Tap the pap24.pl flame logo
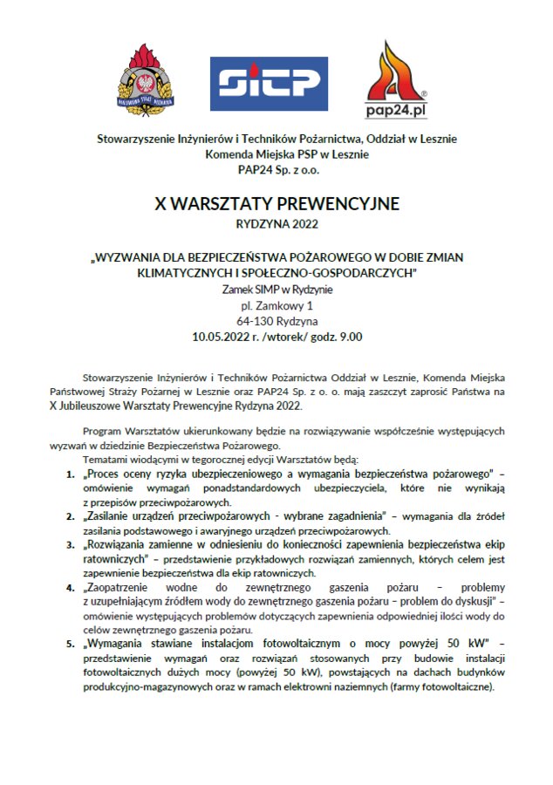point(396,79)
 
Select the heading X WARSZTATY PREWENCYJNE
point(276,204)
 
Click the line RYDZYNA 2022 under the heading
point(276,224)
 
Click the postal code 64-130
point(254,321)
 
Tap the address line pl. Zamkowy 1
point(276,305)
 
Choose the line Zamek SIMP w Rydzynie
point(276,290)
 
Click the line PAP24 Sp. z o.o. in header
point(276,169)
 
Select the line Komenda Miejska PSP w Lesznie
point(276,154)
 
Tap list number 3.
point(71,543)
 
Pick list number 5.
point(71,644)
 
